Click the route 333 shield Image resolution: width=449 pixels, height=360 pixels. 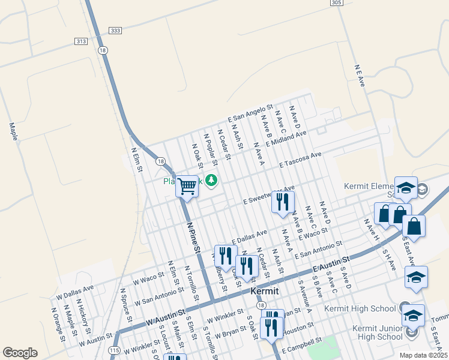coord(115,31)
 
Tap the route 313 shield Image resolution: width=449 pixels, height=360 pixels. coord(81,41)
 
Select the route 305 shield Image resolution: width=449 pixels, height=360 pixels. coord(337,3)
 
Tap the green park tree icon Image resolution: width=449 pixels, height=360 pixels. coord(211,179)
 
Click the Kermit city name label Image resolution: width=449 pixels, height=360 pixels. coord(264,291)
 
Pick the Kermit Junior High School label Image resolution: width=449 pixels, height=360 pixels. coord(364,332)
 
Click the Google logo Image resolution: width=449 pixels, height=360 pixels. coord(20,353)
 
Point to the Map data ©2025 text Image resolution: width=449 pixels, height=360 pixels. coord(423,355)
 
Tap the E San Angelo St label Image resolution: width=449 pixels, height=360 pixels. coord(250,111)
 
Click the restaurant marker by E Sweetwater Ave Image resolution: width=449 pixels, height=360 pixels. coord(283,202)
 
